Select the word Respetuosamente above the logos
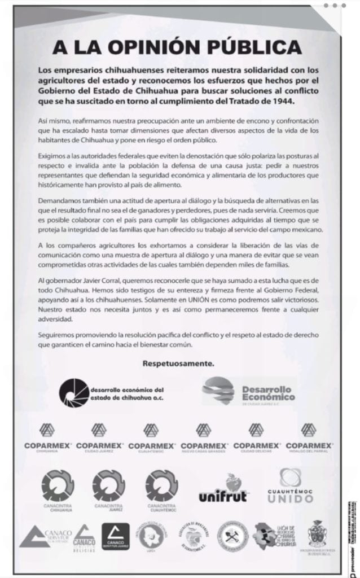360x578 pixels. point(178,364)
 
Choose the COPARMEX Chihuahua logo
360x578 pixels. point(47,438)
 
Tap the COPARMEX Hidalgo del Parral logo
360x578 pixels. point(309,438)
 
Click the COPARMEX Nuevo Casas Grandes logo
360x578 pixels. point(204,438)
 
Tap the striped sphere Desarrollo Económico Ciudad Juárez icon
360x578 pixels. point(218,391)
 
